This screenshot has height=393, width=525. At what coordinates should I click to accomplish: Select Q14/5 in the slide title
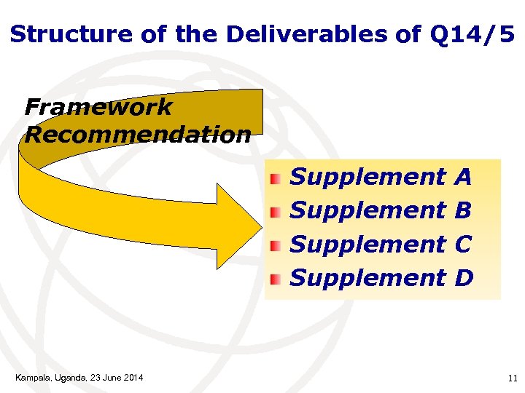pos(472,33)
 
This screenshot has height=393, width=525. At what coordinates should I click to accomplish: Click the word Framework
pos(98,108)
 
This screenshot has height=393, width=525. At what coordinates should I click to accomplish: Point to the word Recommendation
pos(138,135)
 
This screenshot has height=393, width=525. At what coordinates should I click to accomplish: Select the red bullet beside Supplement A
pos(275,179)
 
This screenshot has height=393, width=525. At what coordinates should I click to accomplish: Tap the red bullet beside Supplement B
pos(275,213)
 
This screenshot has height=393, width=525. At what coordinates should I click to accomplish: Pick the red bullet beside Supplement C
pos(275,246)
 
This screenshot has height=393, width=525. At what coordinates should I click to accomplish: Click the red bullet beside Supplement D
pos(275,279)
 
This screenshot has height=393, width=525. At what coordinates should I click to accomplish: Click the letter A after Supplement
pos(462,177)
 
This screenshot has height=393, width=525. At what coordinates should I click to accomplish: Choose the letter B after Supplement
pos(462,210)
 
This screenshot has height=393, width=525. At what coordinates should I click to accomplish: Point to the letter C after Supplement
pos(463,244)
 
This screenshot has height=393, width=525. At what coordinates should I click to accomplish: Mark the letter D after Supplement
pos(464,277)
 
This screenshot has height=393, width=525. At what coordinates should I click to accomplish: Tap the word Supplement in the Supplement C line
pos(368,244)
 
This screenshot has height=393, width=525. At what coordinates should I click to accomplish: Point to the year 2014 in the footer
pos(133,377)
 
